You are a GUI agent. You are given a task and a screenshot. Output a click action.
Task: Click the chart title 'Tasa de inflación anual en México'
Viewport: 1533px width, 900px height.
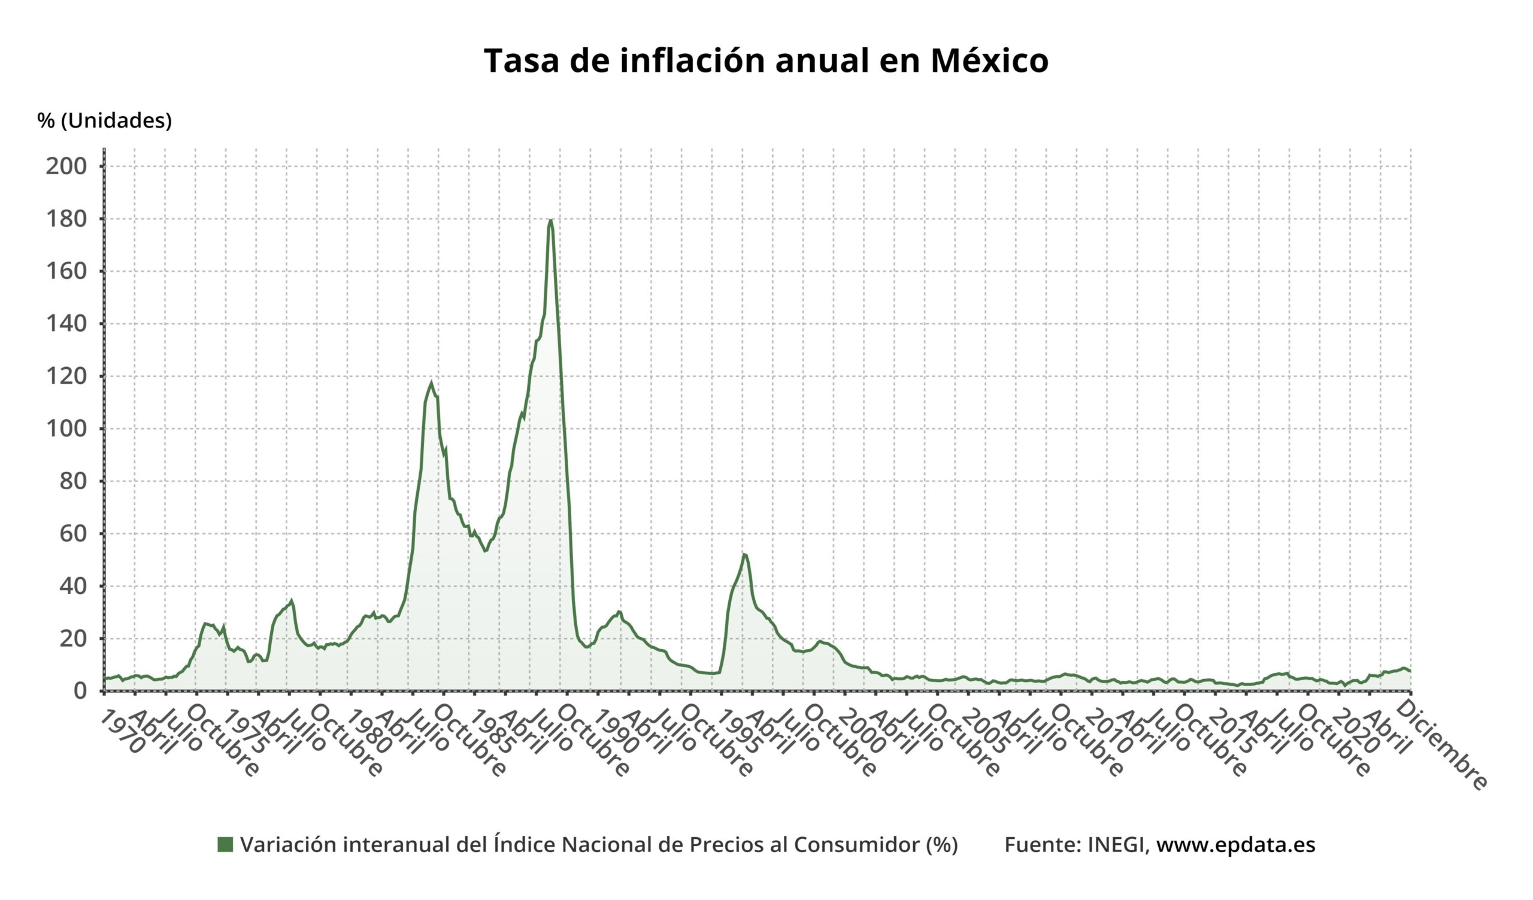point(766,61)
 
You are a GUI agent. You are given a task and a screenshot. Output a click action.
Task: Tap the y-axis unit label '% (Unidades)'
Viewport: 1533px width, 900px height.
point(104,120)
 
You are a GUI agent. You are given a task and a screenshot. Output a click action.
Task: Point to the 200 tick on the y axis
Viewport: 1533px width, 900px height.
point(66,166)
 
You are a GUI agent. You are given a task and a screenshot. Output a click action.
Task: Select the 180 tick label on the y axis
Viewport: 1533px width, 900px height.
point(66,219)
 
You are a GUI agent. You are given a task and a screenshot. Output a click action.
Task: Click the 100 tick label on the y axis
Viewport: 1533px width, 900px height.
point(66,429)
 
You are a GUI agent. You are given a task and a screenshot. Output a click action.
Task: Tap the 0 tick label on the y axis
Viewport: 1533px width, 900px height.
point(80,691)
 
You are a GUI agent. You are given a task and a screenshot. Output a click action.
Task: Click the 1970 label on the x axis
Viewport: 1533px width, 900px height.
point(122,732)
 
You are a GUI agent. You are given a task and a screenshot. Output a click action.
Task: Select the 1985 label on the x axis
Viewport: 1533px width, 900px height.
point(493,732)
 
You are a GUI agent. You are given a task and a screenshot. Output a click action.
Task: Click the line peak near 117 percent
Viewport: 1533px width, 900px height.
point(431,383)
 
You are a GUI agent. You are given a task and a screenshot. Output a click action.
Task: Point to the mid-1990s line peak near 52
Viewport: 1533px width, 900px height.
point(744,554)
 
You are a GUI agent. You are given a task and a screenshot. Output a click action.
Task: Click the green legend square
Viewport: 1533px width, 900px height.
point(225,845)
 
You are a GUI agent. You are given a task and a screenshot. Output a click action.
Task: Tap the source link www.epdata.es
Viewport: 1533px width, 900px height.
point(1235,845)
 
